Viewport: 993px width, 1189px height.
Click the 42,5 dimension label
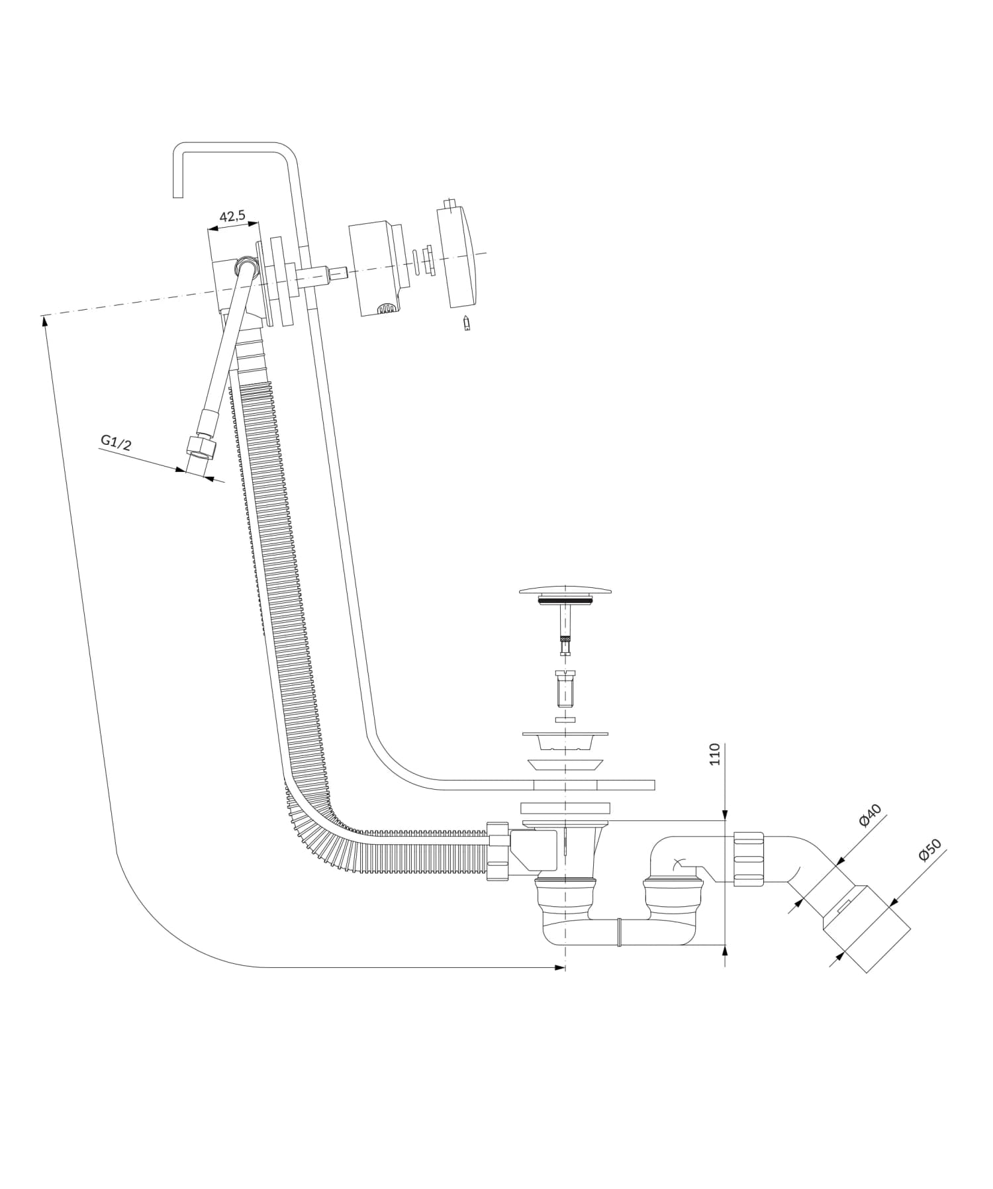(232, 216)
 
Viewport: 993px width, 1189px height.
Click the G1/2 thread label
(116, 442)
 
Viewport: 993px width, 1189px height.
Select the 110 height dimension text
(714, 754)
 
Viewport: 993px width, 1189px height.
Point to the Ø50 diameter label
(930, 851)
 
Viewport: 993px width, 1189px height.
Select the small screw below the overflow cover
(467, 323)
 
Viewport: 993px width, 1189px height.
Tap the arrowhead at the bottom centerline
(561, 968)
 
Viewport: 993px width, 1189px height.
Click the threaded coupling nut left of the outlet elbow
(749, 859)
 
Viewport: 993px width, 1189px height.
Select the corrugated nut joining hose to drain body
(497, 851)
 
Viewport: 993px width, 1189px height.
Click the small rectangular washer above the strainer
(565, 719)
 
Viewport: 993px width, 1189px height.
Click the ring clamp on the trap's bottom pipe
(619, 932)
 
